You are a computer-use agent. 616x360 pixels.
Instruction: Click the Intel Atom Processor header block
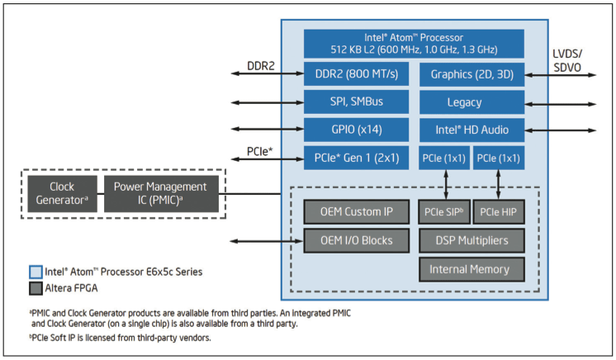tap(414, 43)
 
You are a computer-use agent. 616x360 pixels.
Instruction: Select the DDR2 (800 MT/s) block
tap(357, 75)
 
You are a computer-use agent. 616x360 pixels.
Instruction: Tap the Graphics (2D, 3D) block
tap(471, 75)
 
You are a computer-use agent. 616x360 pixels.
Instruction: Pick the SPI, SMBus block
tap(357, 102)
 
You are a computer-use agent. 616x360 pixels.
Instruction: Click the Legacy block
tap(471, 102)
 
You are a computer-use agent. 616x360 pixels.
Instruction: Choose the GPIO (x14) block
tap(357, 130)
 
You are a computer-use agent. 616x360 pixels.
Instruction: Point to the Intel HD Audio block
tap(471, 130)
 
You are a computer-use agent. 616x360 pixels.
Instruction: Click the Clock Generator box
tap(62, 194)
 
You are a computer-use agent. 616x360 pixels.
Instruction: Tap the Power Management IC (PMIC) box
tap(161, 194)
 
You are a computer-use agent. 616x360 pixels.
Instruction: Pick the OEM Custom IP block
tap(356, 212)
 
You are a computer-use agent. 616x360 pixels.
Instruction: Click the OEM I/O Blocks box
tap(356, 240)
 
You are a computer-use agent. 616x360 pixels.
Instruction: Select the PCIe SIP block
tap(443, 212)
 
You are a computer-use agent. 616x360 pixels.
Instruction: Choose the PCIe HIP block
tap(498, 212)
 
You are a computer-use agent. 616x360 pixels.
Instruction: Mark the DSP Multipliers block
tap(471, 240)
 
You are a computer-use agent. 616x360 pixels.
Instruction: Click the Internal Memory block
tap(471, 268)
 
